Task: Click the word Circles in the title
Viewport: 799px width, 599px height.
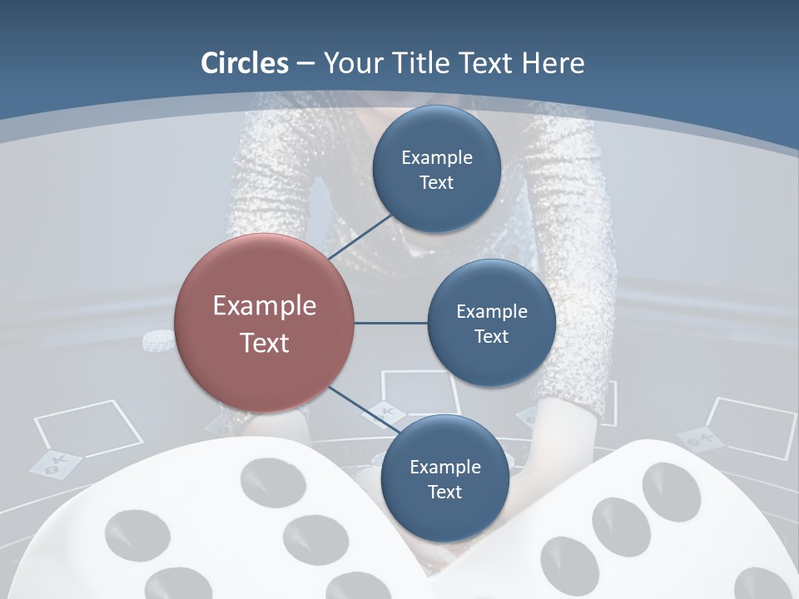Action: (244, 63)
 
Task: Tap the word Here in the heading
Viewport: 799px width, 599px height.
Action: (553, 63)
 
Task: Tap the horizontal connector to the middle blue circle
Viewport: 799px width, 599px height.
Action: (390, 323)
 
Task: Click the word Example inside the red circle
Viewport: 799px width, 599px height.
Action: (265, 306)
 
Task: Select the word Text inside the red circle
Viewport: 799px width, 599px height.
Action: (265, 343)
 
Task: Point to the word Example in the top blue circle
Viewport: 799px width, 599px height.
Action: (436, 157)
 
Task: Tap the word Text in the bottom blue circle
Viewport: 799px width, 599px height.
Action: (444, 492)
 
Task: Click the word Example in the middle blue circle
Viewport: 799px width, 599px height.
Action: (491, 311)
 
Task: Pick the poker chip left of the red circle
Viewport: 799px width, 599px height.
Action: (159, 339)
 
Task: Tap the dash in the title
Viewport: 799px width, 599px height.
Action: (305, 64)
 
